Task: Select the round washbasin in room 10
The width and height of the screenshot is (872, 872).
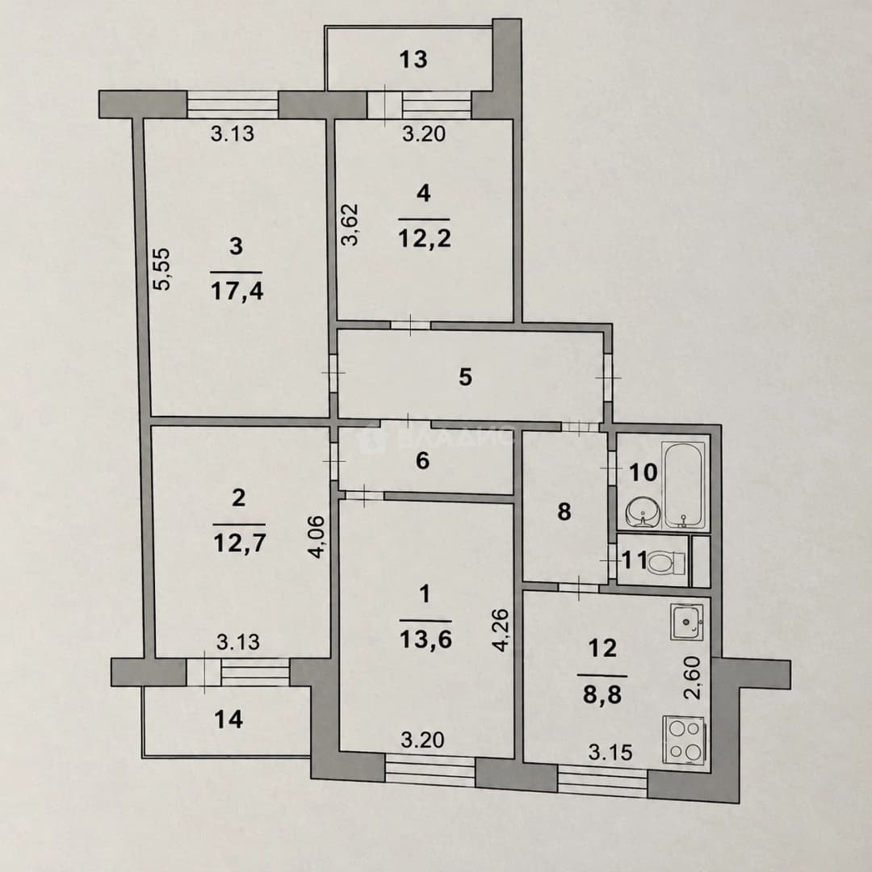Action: pyautogui.click(x=643, y=511)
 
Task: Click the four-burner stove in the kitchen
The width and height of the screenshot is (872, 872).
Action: pyautogui.click(x=684, y=739)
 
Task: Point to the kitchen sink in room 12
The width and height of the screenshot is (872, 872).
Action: pyautogui.click(x=687, y=621)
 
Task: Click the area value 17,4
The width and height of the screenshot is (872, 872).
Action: pyautogui.click(x=237, y=291)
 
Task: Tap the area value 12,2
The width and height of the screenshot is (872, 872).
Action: pyautogui.click(x=425, y=238)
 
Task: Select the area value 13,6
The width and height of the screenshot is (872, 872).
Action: pyautogui.click(x=426, y=639)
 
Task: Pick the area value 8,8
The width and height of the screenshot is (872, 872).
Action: pyautogui.click(x=602, y=694)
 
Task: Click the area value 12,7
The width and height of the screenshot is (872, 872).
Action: pyautogui.click(x=238, y=543)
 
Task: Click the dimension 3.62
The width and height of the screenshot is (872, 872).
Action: pyautogui.click(x=350, y=224)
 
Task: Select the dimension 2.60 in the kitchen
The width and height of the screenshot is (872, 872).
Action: pyautogui.click(x=693, y=677)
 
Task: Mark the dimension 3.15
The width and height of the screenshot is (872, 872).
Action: pyautogui.click(x=610, y=753)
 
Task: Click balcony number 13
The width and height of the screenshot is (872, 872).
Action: pyautogui.click(x=413, y=58)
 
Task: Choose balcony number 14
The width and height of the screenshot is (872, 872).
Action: pyautogui.click(x=228, y=719)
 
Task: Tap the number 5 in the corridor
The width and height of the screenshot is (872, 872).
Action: pyautogui.click(x=466, y=377)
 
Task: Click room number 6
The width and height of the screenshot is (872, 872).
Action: pyautogui.click(x=422, y=460)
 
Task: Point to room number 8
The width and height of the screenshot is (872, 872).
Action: pyautogui.click(x=564, y=512)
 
